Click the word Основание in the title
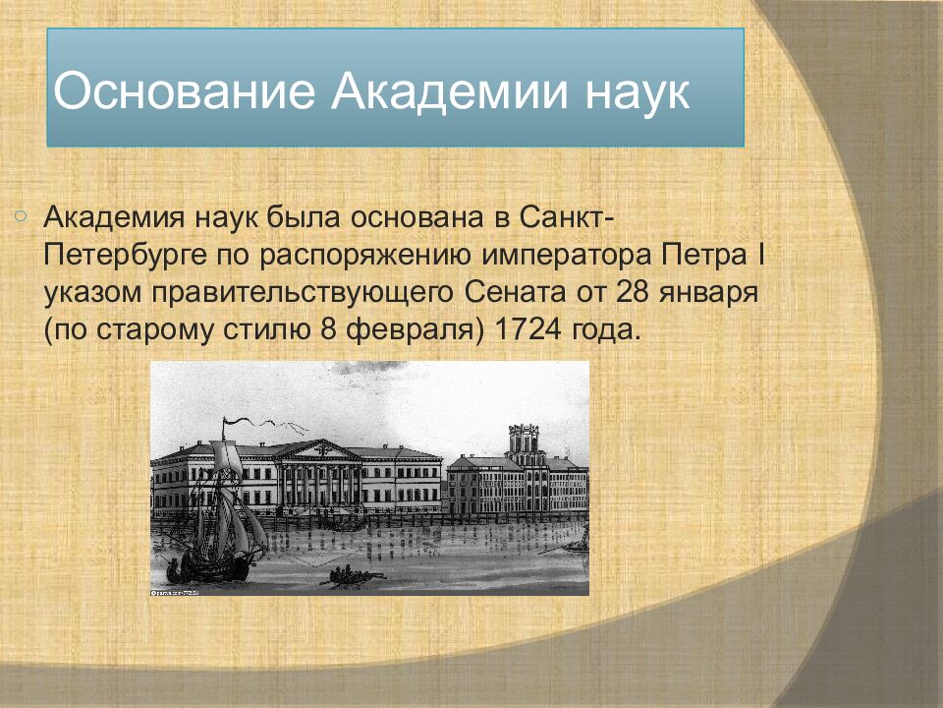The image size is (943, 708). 185,91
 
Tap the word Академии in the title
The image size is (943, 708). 449,91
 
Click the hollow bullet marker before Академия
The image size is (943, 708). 20,215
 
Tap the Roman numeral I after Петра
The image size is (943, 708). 759,255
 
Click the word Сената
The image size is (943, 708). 515,293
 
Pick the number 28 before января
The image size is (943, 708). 633,293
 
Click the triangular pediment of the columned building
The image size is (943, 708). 317,449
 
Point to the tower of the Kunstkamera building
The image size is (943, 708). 524,439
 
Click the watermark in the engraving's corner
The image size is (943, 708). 175,592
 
